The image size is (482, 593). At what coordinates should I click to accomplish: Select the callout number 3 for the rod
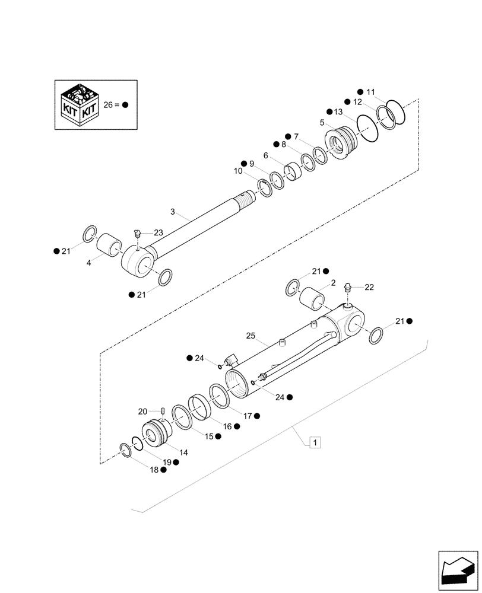coord(173,212)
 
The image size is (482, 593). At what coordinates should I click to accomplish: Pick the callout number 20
coord(142,412)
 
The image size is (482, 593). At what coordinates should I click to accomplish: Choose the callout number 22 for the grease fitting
coord(369,287)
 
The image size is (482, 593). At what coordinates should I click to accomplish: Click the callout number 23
coord(157,232)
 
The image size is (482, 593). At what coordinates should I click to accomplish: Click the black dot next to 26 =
coord(125,104)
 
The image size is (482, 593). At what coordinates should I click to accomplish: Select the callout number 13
coord(338,112)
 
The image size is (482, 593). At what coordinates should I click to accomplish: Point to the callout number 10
coord(239,171)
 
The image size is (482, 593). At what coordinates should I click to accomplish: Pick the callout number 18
coord(154,469)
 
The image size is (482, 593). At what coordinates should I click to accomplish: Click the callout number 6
coord(265,155)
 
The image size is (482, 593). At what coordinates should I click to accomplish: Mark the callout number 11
coord(370,92)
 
